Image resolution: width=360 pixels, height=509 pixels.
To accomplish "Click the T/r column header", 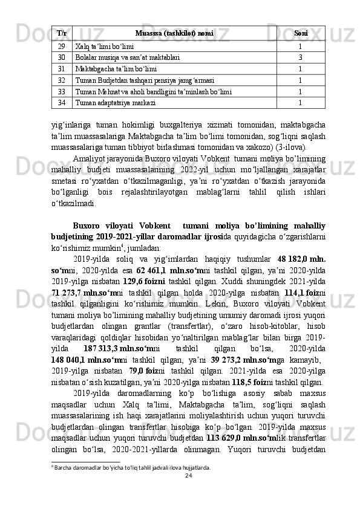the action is pyautogui.click(x=62, y=33).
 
